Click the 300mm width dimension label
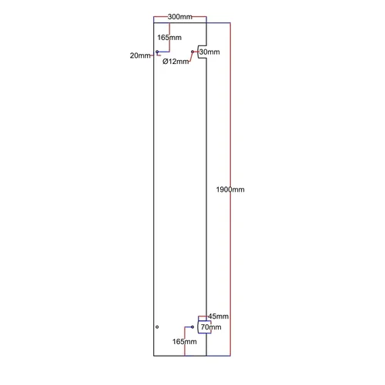(x=180, y=17)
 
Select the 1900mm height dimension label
(x=230, y=189)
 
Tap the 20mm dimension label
(x=140, y=55)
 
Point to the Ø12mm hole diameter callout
(x=176, y=62)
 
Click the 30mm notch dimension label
(x=209, y=52)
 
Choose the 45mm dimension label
(x=218, y=316)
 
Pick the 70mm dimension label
(x=211, y=327)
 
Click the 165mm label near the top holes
(x=169, y=38)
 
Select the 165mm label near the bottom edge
(x=185, y=342)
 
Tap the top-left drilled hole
(x=157, y=52)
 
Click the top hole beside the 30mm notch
(x=192, y=52)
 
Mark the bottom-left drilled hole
(x=157, y=327)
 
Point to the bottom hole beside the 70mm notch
(x=192, y=327)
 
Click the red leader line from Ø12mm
(x=191, y=56)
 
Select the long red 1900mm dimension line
(x=230, y=189)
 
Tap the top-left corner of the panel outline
(x=154, y=23)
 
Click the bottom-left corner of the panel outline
(x=154, y=356)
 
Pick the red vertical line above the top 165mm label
(x=169, y=28)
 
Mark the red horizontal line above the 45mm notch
(x=203, y=316)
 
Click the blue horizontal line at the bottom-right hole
(x=189, y=327)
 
